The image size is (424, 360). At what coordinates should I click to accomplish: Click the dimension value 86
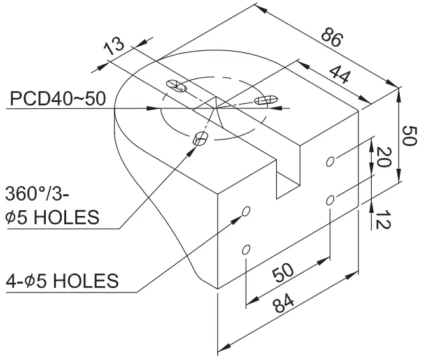(330, 38)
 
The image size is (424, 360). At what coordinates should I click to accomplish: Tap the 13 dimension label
(113, 46)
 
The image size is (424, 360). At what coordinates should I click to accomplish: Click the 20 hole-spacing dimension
(383, 155)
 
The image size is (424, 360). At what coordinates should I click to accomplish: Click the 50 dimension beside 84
(284, 272)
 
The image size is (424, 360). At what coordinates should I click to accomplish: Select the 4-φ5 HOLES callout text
(62, 280)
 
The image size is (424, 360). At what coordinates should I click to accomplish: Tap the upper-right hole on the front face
(330, 161)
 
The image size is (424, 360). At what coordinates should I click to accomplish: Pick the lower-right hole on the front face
(330, 201)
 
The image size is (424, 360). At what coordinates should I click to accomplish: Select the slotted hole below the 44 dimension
(265, 100)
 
